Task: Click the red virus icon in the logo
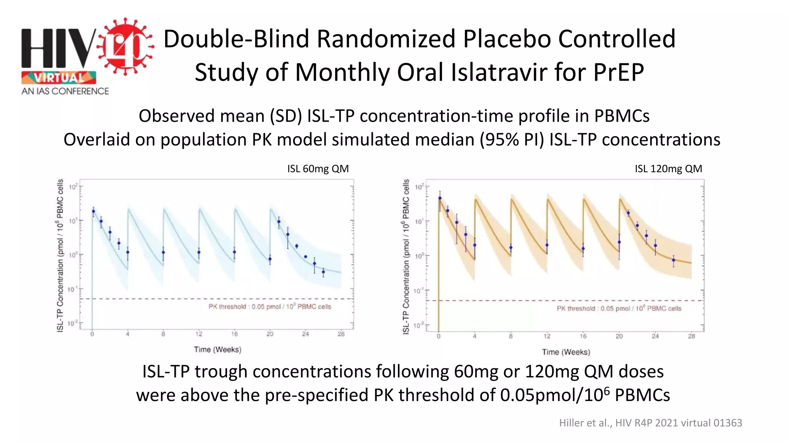pyautogui.click(x=125, y=47)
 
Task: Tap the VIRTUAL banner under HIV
pyautogui.click(x=59, y=78)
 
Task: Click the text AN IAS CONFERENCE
pyautogui.click(x=65, y=91)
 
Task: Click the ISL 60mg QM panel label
pyautogui.click(x=318, y=169)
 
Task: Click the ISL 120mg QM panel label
pyautogui.click(x=668, y=169)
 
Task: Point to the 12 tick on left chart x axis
pyautogui.click(x=199, y=334)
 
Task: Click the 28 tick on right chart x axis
pyautogui.click(x=691, y=336)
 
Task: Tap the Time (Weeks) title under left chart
pyautogui.click(x=217, y=350)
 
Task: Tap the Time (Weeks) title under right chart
pyautogui.click(x=566, y=352)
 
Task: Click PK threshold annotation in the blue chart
pyautogui.click(x=270, y=306)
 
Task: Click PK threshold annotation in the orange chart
pyautogui.click(x=619, y=308)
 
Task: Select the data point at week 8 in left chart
pyautogui.click(x=163, y=253)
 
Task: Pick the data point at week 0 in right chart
pyautogui.click(x=440, y=199)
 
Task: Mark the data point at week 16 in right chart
pyautogui.click(x=583, y=249)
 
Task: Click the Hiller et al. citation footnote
pyautogui.click(x=650, y=423)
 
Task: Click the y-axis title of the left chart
pyautogui.click(x=60, y=255)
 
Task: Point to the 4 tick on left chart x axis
pyautogui.click(x=128, y=334)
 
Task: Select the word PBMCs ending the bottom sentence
pyautogui.click(x=642, y=395)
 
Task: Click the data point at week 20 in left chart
pyautogui.click(x=270, y=259)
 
